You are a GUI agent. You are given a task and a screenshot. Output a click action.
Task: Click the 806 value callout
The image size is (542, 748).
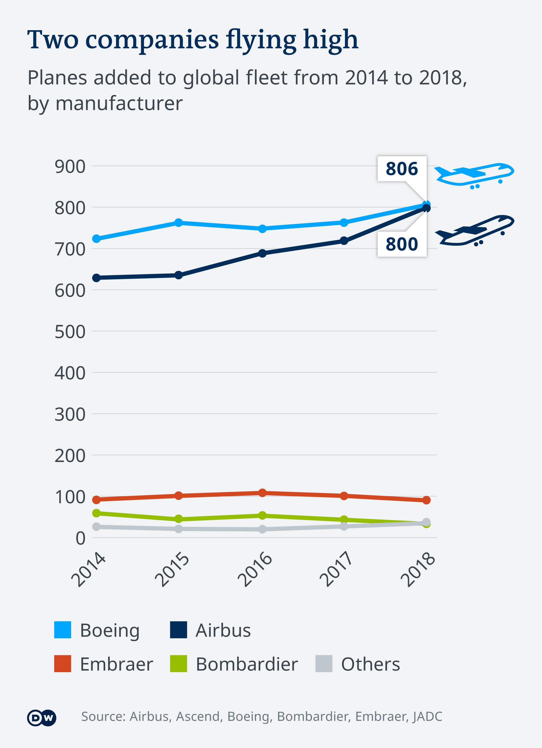click(x=402, y=169)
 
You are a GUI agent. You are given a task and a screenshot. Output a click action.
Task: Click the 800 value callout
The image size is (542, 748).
click(x=402, y=244)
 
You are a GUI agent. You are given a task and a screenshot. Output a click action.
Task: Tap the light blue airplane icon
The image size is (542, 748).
click(x=474, y=175)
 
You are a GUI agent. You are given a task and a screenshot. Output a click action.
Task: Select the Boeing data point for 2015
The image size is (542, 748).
click(x=178, y=223)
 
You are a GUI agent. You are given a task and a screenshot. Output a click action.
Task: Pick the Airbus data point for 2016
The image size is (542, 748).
click(x=262, y=253)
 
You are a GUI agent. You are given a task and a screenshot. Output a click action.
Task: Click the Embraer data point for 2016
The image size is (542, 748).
click(x=262, y=493)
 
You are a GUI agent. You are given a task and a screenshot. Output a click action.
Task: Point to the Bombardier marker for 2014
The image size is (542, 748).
click(x=96, y=513)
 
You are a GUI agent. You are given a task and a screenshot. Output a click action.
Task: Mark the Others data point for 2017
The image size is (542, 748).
click(x=344, y=526)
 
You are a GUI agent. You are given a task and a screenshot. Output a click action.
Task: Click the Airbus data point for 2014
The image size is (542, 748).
click(x=96, y=278)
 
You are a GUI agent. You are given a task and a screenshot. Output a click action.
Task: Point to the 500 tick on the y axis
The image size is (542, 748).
click(x=70, y=332)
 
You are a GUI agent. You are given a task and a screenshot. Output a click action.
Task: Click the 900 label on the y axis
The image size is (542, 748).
click(x=70, y=167)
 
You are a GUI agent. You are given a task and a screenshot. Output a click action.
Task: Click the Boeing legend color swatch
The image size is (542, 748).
click(x=63, y=630)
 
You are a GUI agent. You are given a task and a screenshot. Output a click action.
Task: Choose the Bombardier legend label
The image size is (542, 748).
click(x=246, y=664)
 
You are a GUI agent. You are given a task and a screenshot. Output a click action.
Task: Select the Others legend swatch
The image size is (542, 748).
click(x=324, y=664)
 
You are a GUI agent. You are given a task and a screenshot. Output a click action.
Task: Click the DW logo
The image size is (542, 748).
click(x=41, y=718)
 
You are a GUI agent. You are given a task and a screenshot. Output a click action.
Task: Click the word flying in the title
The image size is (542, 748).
click(x=261, y=40)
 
